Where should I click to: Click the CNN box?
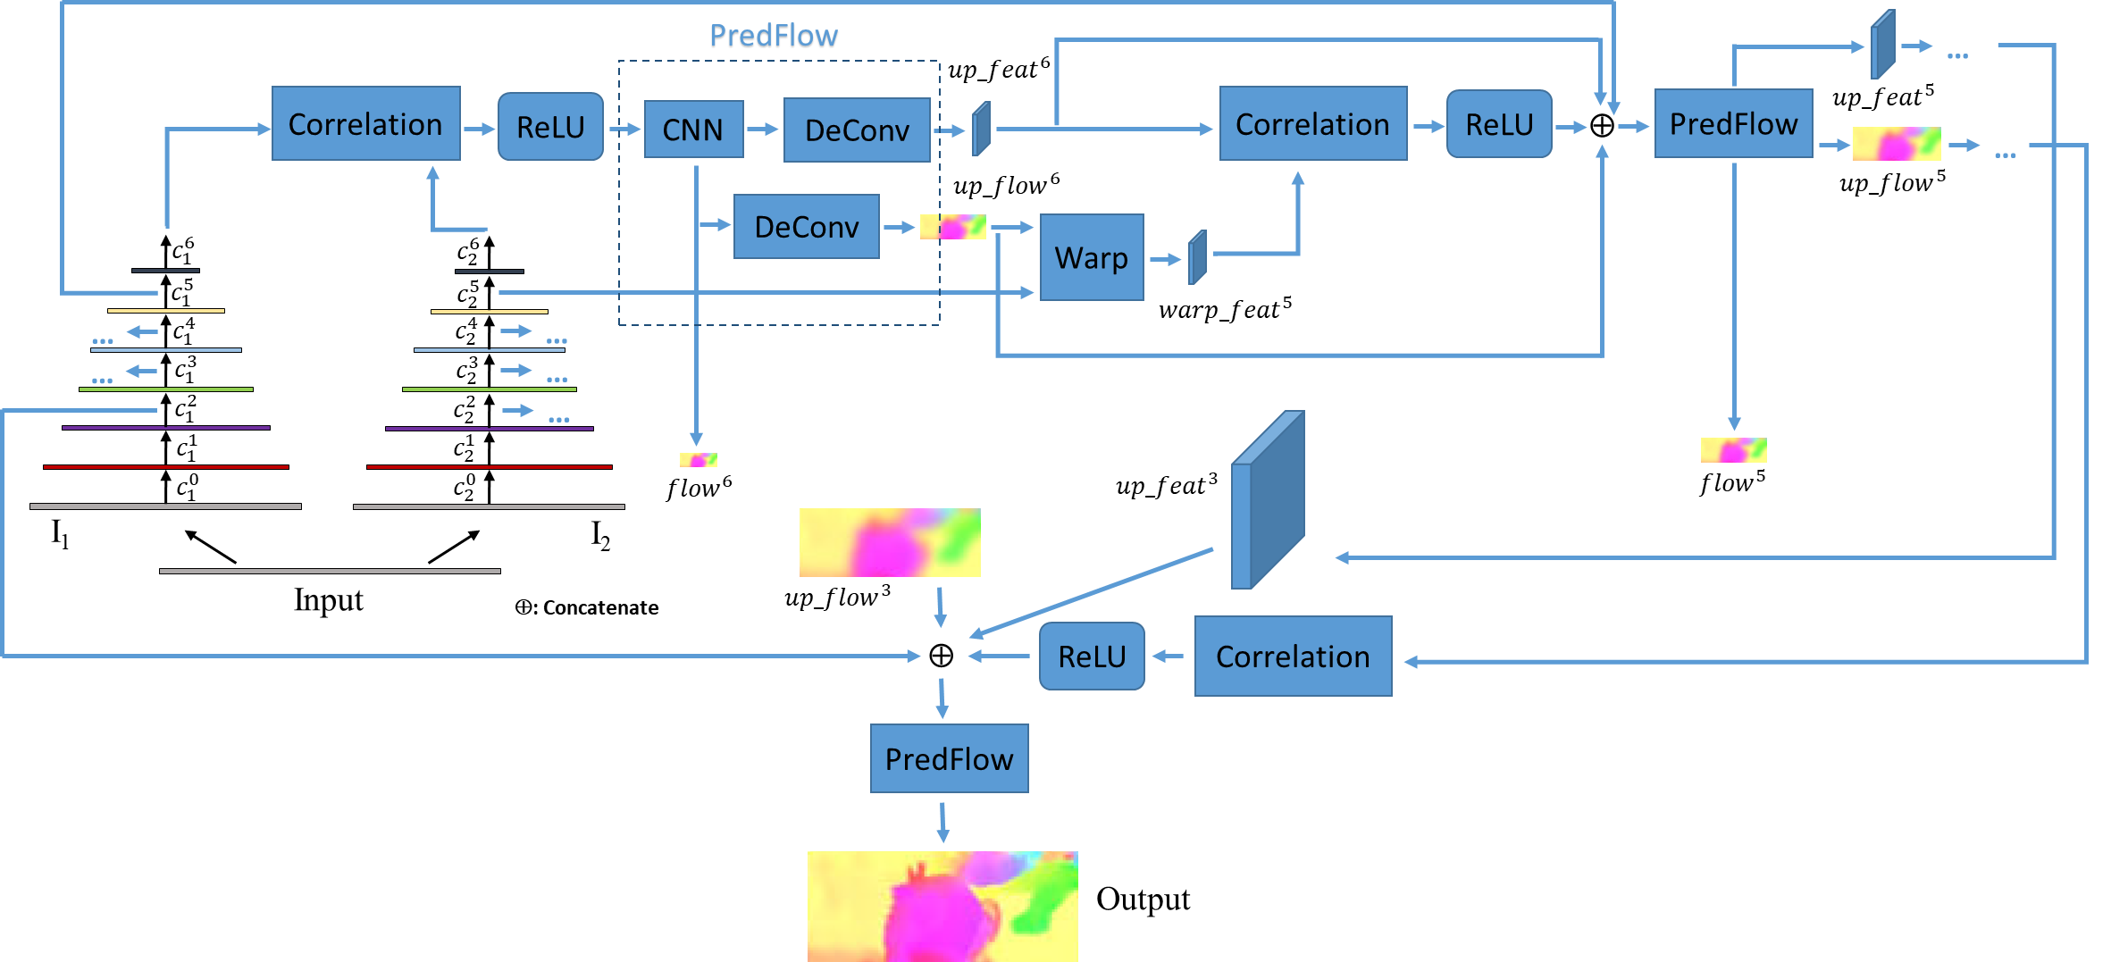pos(693,130)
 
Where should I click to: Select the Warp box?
pos(1092,257)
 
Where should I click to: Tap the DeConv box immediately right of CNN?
pos(857,130)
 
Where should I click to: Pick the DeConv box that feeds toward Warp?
pos(806,227)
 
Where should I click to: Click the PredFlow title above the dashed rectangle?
pos(774,37)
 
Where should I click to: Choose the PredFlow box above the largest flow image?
pos(949,758)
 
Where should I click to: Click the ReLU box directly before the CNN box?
pos(550,127)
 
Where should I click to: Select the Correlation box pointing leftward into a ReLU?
pos(1293,657)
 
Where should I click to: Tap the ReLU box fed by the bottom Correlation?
pos(1092,657)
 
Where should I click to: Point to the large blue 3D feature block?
pos(1268,500)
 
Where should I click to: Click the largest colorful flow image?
pos(942,906)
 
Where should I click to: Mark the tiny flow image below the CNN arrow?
pos(699,460)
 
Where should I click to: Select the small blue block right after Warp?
pos(1197,258)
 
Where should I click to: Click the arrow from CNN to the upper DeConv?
pos(763,130)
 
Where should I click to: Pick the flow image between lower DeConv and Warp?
pos(953,227)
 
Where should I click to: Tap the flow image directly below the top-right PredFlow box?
pos(1733,449)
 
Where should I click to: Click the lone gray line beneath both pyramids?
pos(330,571)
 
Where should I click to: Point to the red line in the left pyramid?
pos(166,467)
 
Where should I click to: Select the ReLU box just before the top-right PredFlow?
pos(1499,124)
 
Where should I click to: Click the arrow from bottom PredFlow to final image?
pos(942,822)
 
